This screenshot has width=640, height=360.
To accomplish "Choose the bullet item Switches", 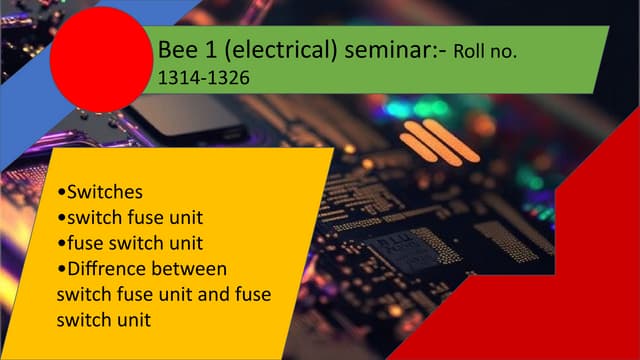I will pos(106,189).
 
